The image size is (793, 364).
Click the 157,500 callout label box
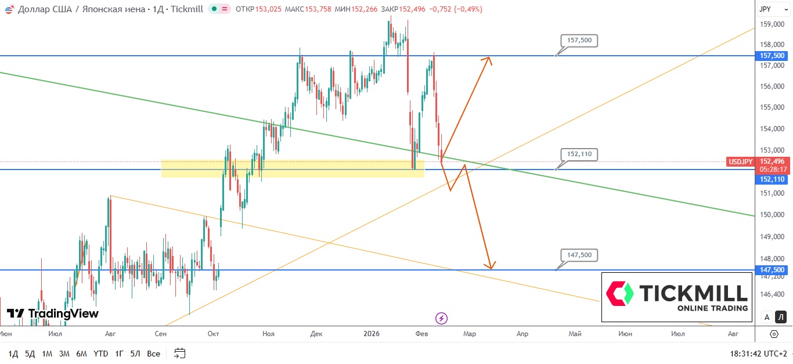[x=579, y=41]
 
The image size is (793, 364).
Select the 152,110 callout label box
[x=579, y=154]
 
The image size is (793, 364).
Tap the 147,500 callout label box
[x=579, y=255]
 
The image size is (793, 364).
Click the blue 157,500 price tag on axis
[x=772, y=56]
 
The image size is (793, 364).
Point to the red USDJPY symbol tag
[x=740, y=161]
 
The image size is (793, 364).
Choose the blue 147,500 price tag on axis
[x=772, y=270]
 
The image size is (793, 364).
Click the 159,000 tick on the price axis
[x=772, y=24]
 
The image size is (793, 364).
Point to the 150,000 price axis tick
[x=772, y=215]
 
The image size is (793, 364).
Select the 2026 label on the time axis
[x=372, y=334]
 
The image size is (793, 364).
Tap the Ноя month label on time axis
[x=268, y=334]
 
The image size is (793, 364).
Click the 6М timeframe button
[x=81, y=354]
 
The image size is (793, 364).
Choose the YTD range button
[x=100, y=354]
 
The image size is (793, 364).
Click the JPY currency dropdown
[x=772, y=9]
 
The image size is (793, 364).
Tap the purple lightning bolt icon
[x=441, y=318]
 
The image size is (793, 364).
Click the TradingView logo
[x=53, y=313]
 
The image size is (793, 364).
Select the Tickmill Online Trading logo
[x=677, y=297]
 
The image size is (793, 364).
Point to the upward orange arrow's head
[x=490, y=58]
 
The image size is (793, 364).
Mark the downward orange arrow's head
[x=491, y=268]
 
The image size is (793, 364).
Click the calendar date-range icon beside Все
[x=179, y=353]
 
